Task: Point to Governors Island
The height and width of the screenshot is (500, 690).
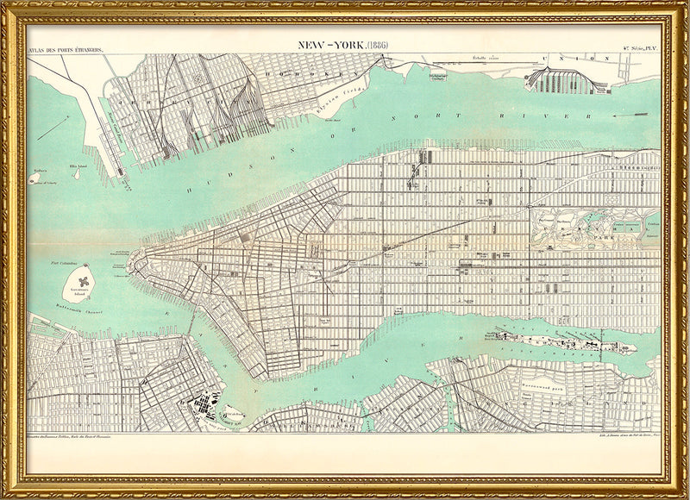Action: coord(84,281)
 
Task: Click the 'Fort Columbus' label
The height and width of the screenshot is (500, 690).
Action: coord(64,262)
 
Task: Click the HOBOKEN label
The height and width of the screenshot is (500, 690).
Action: coord(288,74)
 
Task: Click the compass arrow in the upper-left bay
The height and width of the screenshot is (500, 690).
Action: coord(54,126)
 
